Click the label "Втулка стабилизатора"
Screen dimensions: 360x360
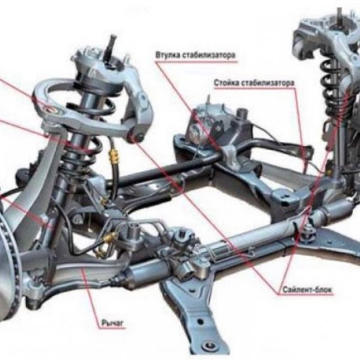tap(193, 55)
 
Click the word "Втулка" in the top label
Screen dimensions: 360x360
tap(167, 55)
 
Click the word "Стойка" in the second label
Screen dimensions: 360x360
tap(226, 83)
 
